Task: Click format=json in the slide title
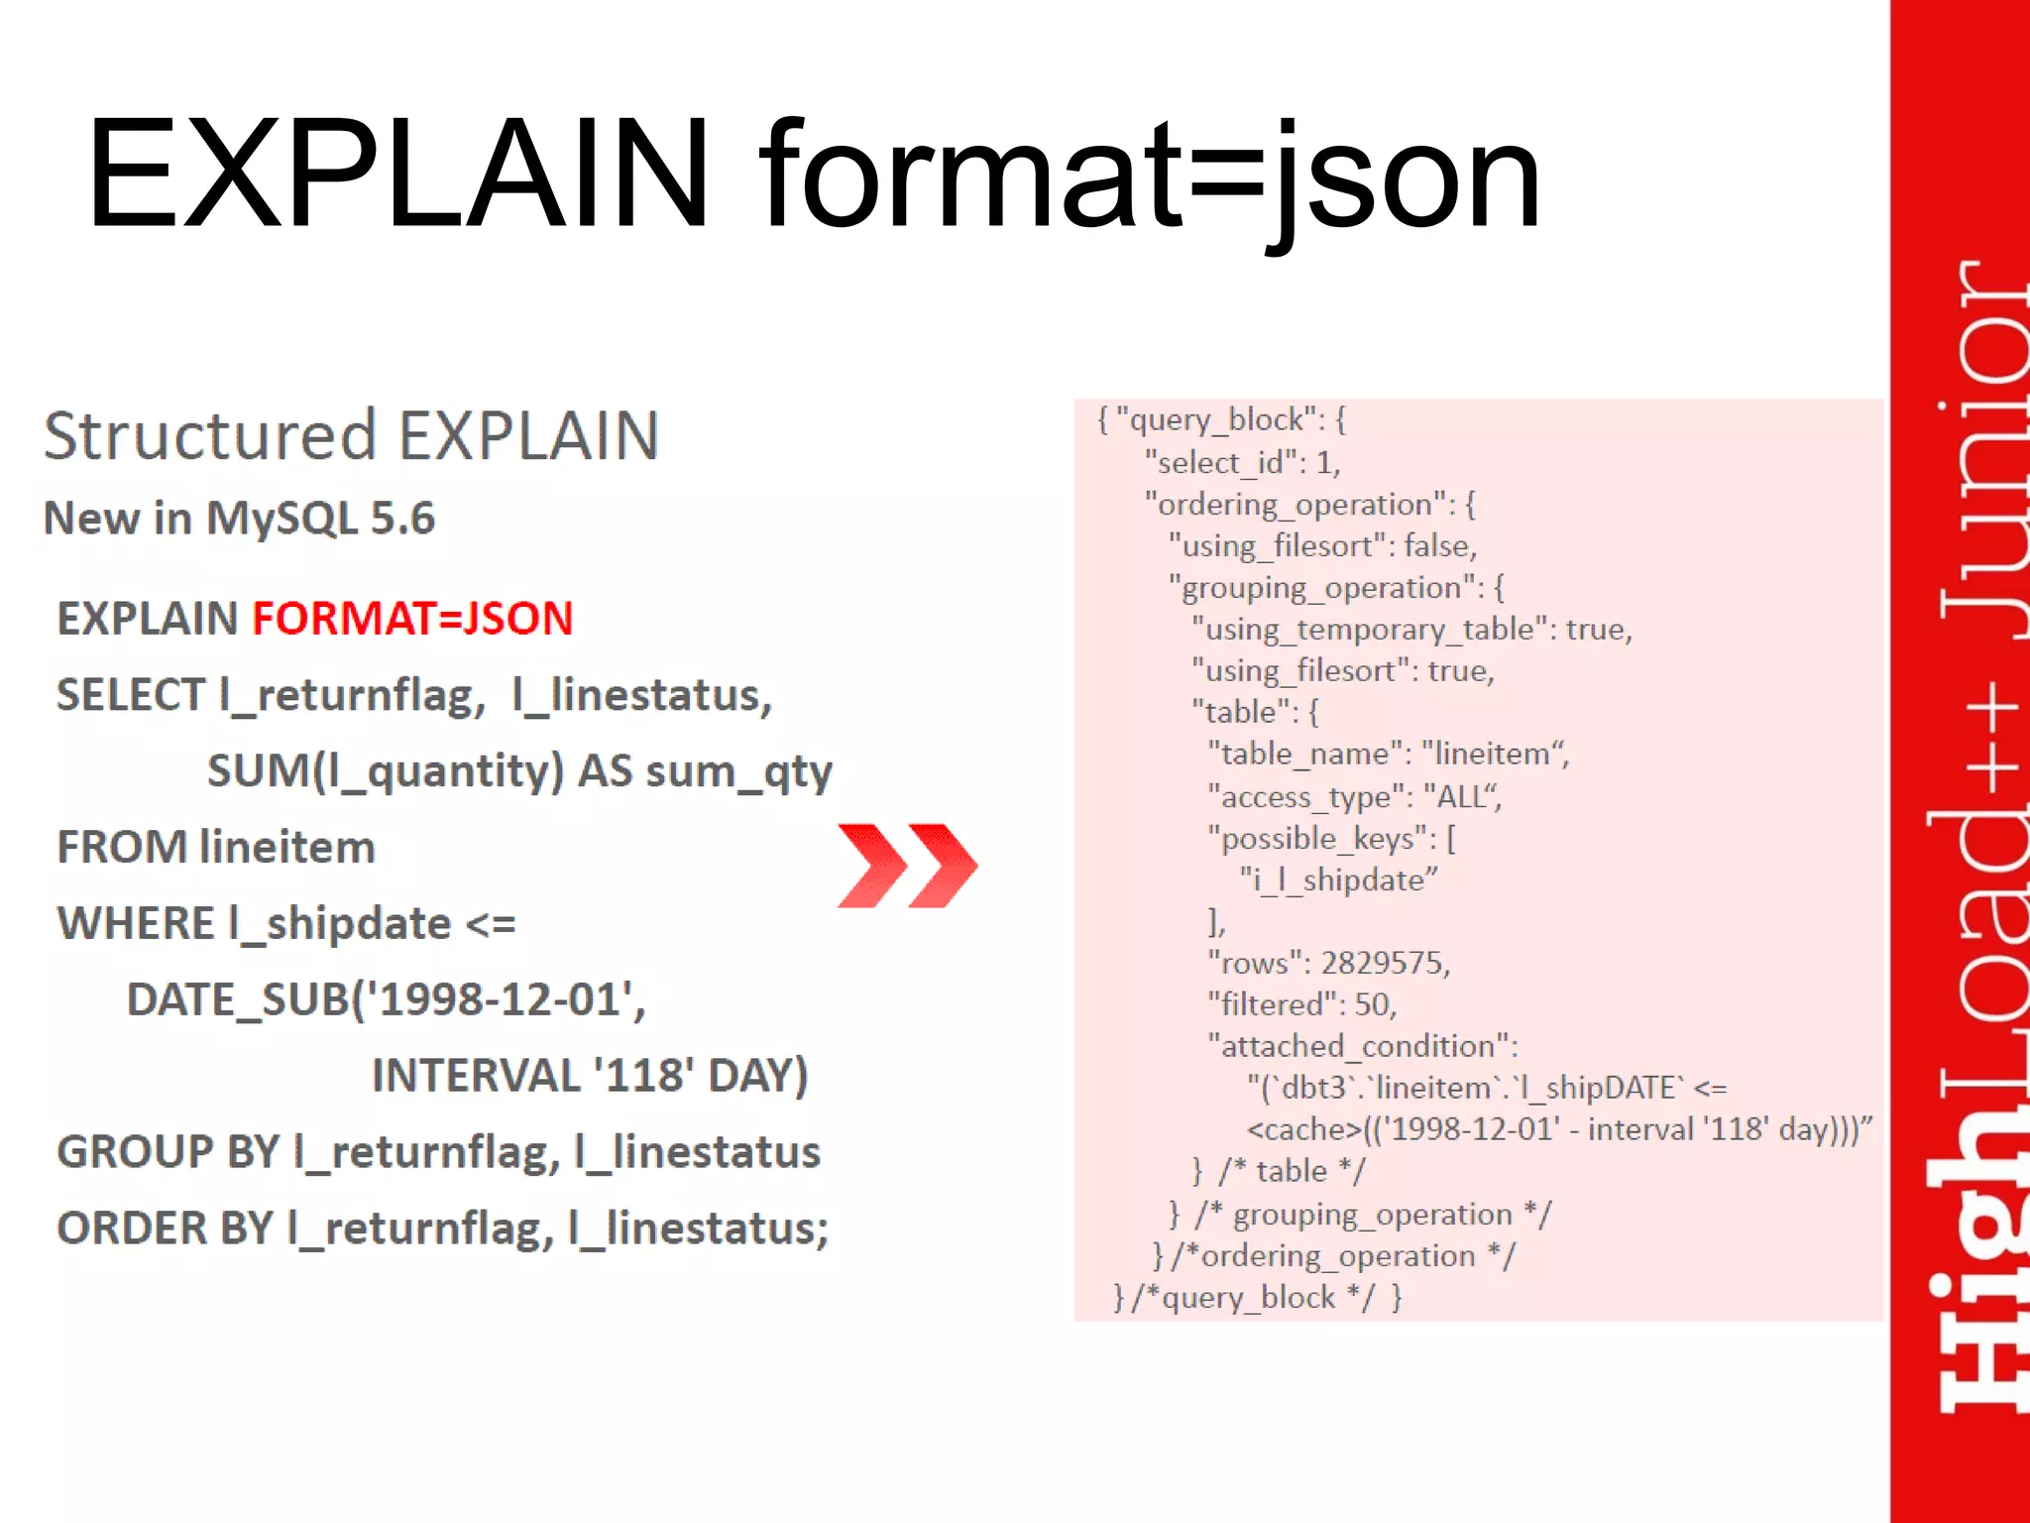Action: [1150, 178]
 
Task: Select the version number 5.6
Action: [402, 518]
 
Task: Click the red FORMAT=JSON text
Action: [412, 618]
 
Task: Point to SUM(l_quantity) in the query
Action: [386, 770]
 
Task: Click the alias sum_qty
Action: [738, 772]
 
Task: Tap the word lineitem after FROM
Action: [287, 847]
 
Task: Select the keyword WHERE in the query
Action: [136, 923]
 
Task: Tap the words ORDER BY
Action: [165, 1228]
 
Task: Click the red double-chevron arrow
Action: [907, 865]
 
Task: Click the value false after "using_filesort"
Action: [1439, 545]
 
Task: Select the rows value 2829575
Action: [1384, 962]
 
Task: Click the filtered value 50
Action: [1374, 1003]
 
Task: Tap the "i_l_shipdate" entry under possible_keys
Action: [1338, 879]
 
